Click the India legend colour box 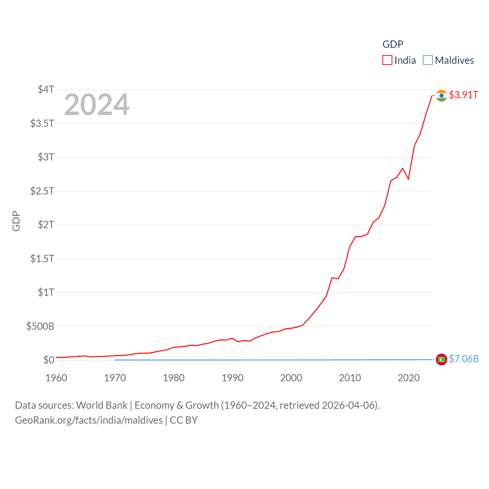point(387,60)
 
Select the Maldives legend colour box point(428,60)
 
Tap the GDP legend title point(393,44)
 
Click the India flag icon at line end point(442,96)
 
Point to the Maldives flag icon point(442,359)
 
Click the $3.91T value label point(463,95)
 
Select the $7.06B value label point(464,359)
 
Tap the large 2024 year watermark point(97,105)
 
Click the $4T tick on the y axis point(46,89)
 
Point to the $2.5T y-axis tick point(42,191)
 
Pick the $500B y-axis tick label point(40,326)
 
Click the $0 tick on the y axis point(49,360)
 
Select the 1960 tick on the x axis point(56,378)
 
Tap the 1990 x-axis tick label point(232,378)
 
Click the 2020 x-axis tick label point(408,378)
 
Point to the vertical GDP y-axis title point(16,221)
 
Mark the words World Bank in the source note point(102,405)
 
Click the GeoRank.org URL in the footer point(89,420)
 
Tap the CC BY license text point(184,420)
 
